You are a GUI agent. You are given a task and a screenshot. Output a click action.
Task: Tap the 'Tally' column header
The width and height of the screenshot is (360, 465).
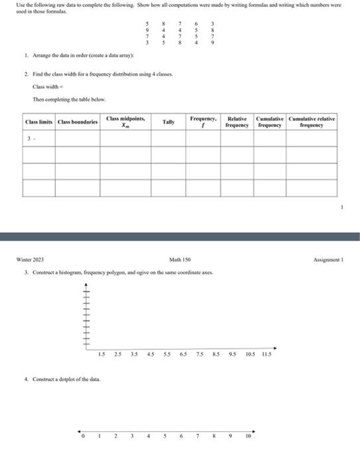(168, 123)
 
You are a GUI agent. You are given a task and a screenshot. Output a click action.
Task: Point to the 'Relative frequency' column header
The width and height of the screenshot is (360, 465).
(236, 121)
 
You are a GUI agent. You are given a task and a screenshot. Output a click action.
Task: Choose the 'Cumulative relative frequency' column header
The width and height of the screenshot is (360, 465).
(312, 121)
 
